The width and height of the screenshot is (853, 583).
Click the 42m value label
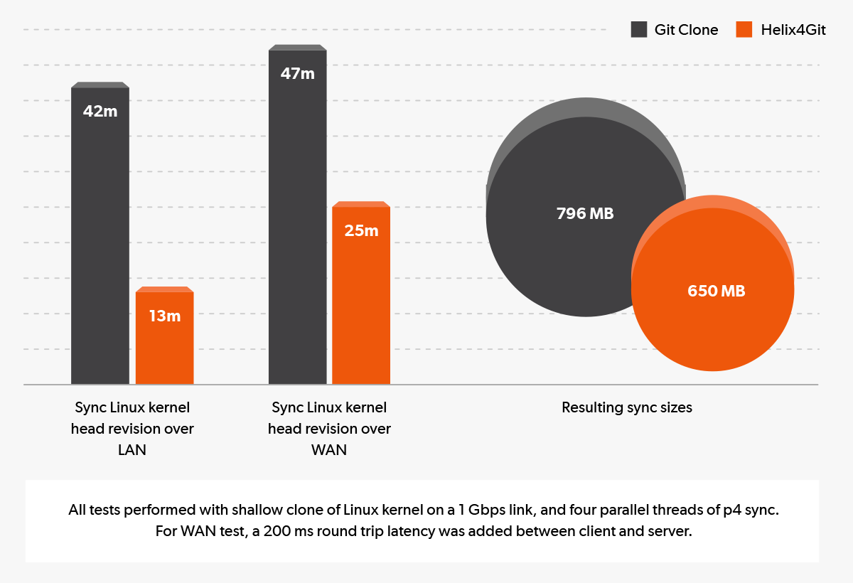pos(100,112)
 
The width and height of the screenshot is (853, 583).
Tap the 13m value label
pos(165,316)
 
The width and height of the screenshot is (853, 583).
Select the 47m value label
pos(298,73)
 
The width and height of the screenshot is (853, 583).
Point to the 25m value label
pos(361,230)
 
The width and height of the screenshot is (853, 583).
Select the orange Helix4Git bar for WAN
pos(361,306)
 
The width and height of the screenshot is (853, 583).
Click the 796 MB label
pos(585,213)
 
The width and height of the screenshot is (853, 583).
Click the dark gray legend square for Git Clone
pos(639,30)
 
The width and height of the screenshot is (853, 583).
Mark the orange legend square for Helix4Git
pos(744,30)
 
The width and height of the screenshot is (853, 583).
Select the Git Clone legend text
pos(686,30)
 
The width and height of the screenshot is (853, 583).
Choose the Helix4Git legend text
pos(793,30)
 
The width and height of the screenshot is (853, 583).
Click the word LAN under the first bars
pos(132,450)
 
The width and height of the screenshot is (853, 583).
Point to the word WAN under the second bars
pos(329,450)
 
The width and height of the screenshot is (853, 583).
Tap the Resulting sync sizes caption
pos(627,407)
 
